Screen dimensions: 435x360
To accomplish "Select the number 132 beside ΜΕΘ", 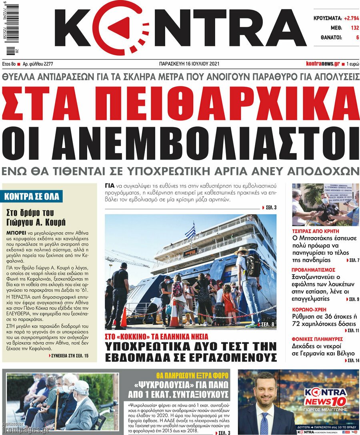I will tap(354, 28).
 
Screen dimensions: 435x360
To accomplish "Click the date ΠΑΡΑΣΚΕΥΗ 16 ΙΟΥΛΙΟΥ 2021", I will tap(189, 64).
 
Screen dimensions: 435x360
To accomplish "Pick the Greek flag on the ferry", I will tap(190, 231).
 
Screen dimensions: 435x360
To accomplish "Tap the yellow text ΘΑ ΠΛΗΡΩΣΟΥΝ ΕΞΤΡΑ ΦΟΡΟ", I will tap(192, 376).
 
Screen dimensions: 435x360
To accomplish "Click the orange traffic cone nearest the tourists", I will tap(174, 316).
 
